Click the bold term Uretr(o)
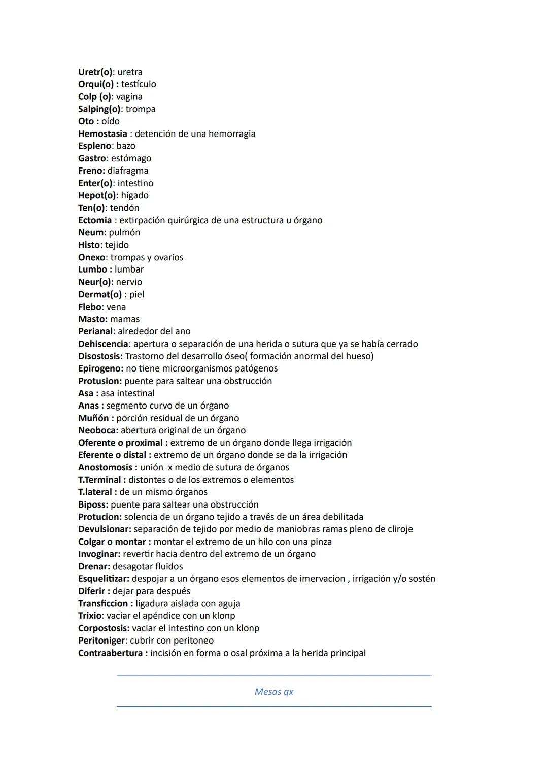pyautogui.click(x=95, y=72)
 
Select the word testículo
pyautogui.click(x=139, y=84)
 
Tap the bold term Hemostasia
pyautogui.click(x=102, y=134)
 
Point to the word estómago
pyautogui.click(x=131, y=158)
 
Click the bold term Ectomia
pyautogui.click(x=95, y=220)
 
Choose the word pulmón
pyautogui.click(x=124, y=232)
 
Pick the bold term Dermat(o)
pyautogui.click(x=100, y=294)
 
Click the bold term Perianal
pyautogui.click(x=95, y=331)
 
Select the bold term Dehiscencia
pyautogui.click(x=103, y=344)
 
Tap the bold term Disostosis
pyautogui.click(x=100, y=356)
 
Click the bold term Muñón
pyautogui.click(x=93, y=418)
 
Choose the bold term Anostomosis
pyautogui.click(x=105, y=467)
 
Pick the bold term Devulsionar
pyautogui.click(x=104, y=529)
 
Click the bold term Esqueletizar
pyautogui.click(x=104, y=579)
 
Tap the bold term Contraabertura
pyautogui.click(x=110, y=653)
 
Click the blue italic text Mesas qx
pyautogui.click(x=274, y=692)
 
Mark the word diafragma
pyautogui.click(x=128, y=171)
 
